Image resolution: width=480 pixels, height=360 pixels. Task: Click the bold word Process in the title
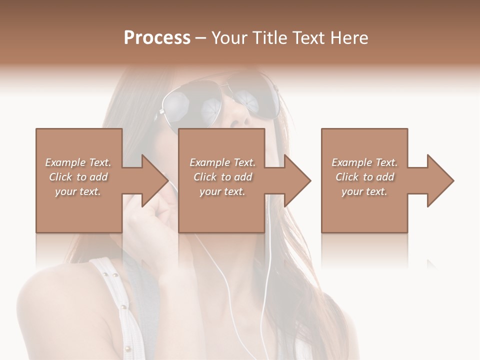pos(157,38)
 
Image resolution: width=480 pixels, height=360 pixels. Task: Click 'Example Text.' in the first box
pos(78,162)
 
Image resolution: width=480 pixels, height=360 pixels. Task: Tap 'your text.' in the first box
pos(78,191)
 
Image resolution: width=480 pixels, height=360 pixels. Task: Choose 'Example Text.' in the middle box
pos(222,162)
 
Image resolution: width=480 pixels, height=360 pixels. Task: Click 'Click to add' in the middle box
pos(222,177)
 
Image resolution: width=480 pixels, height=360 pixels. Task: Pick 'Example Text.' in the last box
pos(364,162)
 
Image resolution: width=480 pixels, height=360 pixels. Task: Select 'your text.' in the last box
pos(364,191)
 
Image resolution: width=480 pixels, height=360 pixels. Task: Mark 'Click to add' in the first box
pos(78,177)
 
